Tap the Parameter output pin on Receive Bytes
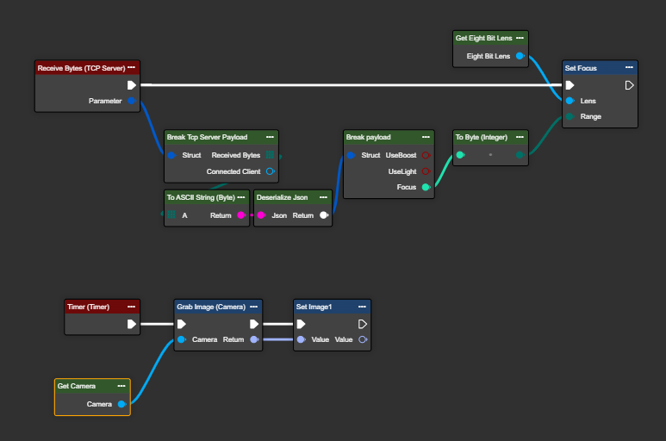click(x=131, y=101)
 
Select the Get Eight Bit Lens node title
click(x=483, y=38)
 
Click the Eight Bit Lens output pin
click(x=520, y=56)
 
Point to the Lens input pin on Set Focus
click(x=570, y=101)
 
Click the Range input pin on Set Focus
click(x=570, y=116)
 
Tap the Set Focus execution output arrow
click(x=629, y=85)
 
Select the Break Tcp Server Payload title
click(x=208, y=137)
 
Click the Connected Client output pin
click(x=270, y=171)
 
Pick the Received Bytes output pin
click(x=270, y=155)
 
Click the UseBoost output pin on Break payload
click(x=426, y=155)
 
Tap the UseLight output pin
click(x=426, y=171)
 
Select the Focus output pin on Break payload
click(x=426, y=187)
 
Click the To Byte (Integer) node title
click(x=482, y=137)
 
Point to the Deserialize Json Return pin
click(x=324, y=215)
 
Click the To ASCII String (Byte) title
click(x=200, y=197)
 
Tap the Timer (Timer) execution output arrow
click(x=131, y=325)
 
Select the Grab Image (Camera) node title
click(x=211, y=307)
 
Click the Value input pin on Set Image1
click(x=301, y=339)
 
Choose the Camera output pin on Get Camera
click(x=121, y=404)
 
